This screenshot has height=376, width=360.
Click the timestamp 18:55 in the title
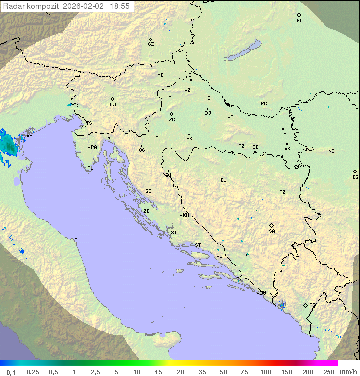120,6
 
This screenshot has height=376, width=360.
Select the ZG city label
172,120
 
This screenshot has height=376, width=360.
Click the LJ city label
113,105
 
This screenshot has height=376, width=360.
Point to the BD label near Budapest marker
299,21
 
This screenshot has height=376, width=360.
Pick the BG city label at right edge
355,177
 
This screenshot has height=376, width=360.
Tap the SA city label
272,231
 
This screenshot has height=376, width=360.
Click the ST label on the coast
198,245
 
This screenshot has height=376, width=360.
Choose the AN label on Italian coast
77,240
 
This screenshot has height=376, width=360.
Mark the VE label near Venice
29,136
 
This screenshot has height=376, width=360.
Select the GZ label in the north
151,44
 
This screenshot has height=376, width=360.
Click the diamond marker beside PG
305,305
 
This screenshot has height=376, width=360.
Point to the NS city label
331,151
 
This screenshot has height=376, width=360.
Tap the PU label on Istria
90,168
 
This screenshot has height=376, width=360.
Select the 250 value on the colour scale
328,372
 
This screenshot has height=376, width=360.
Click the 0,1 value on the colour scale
11,372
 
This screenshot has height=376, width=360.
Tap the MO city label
251,255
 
